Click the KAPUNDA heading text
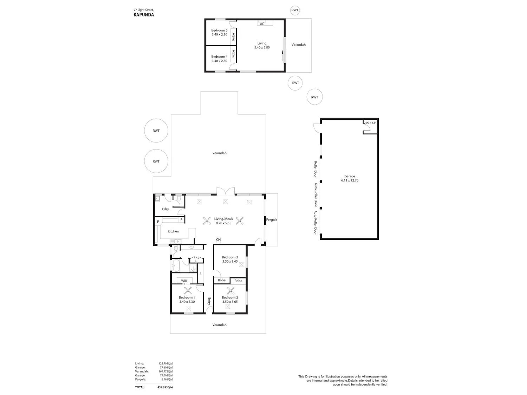pyautogui.click(x=144, y=15)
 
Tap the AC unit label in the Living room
pyautogui.click(x=262, y=24)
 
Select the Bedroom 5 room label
pyautogui.click(x=219, y=30)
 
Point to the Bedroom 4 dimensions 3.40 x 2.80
pyautogui.click(x=219, y=61)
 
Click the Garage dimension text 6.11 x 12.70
pyautogui.click(x=350, y=180)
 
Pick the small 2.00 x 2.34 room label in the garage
pyautogui.click(x=370, y=123)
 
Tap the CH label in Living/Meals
pyautogui.click(x=218, y=239)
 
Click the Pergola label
pyautogui.click(x=272, y=220)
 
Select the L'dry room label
pyautogui.click(x=165, y=209)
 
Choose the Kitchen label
pyautogui.click(x=173, y=231)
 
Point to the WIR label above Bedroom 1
pyautogui.click(x=184, y=281)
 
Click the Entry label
pyautogui.click(x=209, y=301)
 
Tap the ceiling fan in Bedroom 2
pyautogui.click(x=231, y=291)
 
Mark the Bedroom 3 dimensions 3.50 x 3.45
pyautogui.click(x=230, y=262)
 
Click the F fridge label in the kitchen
pyautogui.click(x=181, y=219)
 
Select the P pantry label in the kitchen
pyautogui.click(x=158, y=222)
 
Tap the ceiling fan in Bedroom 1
pyautogui.click(x=188, y=291)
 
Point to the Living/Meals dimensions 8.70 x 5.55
pyautogui.click(x=223, y=223)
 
